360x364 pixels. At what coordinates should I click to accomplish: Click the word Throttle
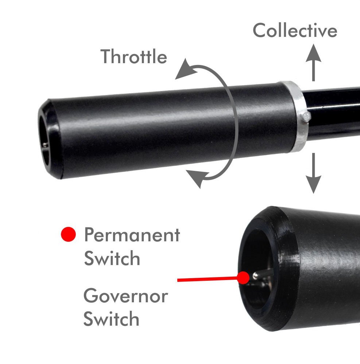133,56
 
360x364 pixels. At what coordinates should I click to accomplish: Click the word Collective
295,30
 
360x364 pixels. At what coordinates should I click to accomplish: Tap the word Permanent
132,235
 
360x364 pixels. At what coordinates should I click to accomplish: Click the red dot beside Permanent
69,234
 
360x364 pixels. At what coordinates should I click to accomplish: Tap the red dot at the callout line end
243,277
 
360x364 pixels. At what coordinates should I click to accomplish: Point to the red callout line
208,279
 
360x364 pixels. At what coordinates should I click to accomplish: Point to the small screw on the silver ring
307,117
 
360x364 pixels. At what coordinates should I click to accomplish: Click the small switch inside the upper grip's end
46,145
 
